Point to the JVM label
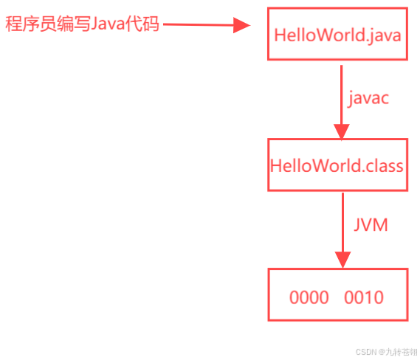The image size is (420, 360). pyautogui.click(x=370, y=225)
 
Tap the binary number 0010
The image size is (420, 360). pyautogui.click(x=364, y=298)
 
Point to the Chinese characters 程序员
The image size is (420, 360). pyautogui.click(x=26, y=24)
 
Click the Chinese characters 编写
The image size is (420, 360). pyautogui.click(x=69, y=24)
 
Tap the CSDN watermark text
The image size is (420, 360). pyautogui.click(x=384, y=352)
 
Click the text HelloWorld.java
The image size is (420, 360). pyautogui.click(x=337, y=35)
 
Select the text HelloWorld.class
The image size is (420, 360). pyautogui.click(x=337, y=165)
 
